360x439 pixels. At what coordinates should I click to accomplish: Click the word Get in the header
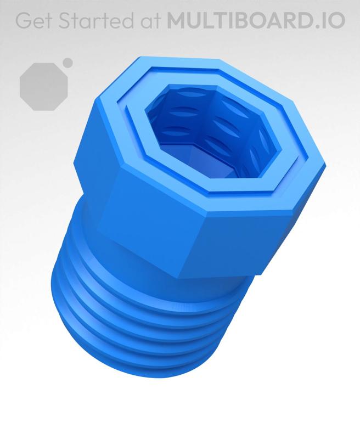[33, 20]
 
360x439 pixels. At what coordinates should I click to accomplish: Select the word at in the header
[150, 20]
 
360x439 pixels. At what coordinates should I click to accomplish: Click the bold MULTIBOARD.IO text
[256, 20]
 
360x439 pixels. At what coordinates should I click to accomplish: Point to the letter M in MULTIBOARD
[176, 20]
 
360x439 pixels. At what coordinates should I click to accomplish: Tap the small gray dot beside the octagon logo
[68, 63]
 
